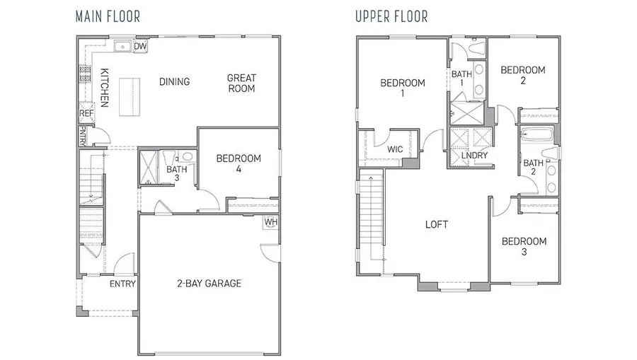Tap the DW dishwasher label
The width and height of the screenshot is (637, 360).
click(x=140, y=47)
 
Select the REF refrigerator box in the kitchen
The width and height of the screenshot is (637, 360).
click(x=86, y=113)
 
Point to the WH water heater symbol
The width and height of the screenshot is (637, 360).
click(x=270, y=222)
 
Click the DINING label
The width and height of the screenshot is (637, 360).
click(x=174, y=82)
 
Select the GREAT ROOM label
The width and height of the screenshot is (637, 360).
click(x=241, y=83)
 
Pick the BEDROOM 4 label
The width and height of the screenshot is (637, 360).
click(x=238, y=163)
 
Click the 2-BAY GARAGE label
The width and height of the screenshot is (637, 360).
click(x=209, y=284)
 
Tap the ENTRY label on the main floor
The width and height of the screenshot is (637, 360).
click(x=122, y=284)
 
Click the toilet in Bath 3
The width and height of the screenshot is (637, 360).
click(x=187, y=157)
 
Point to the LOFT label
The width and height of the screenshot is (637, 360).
click(x=436, y=225)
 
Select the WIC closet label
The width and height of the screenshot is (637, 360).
click(x=395, y=150)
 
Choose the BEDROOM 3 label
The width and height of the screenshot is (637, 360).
click(x=524, y=246)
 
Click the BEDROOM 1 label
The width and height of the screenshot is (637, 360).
click(x=403, y=88)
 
